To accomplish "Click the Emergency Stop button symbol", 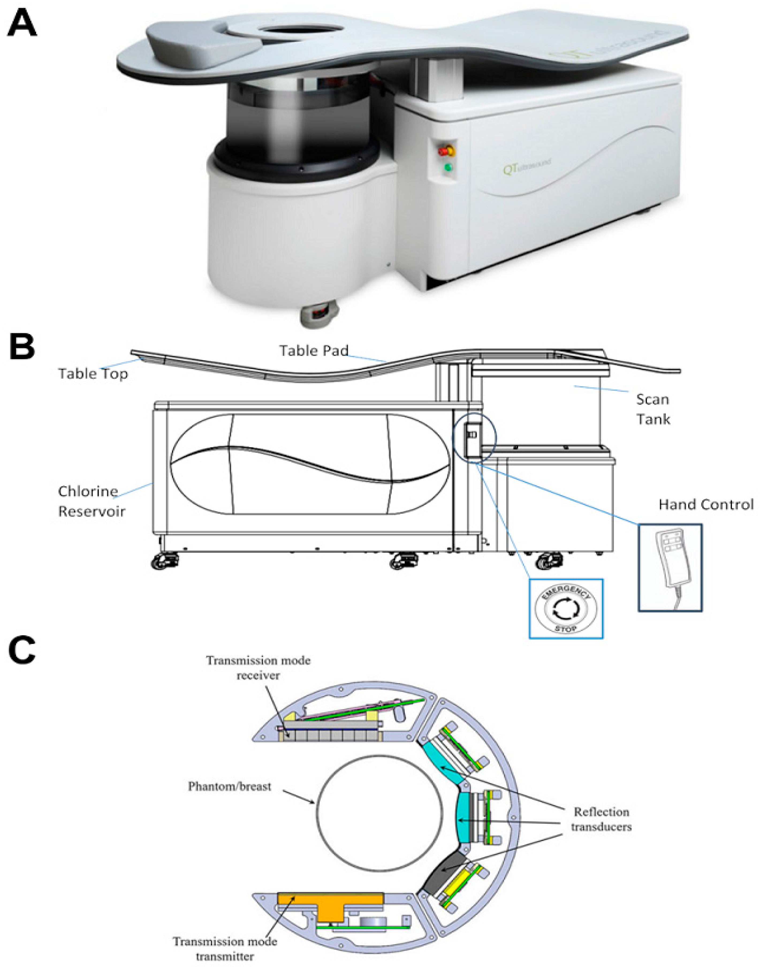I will tap(565, 609).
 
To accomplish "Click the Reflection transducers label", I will tap(601, 819).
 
